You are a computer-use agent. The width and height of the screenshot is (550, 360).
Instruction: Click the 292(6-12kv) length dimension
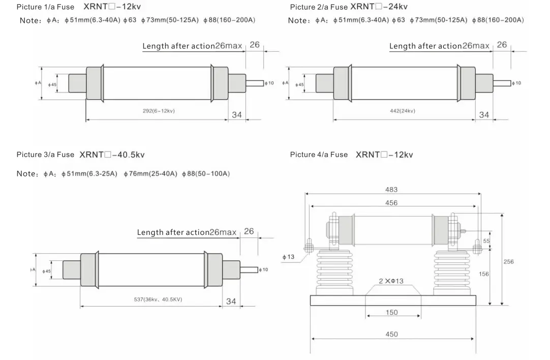click(159, 111)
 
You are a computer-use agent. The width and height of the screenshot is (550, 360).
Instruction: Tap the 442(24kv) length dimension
click(402, 111)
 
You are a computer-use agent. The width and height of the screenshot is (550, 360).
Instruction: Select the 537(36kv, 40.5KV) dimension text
click(158, 299)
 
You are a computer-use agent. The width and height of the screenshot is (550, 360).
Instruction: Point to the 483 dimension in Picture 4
click(391, 190)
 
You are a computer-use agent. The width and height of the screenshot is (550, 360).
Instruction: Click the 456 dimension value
click(391, 203)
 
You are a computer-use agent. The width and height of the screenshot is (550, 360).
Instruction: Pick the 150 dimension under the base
click(391, 312)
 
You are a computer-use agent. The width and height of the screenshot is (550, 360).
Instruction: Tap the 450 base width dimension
click(391, 335)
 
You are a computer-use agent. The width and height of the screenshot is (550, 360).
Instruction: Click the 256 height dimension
click(508, 262)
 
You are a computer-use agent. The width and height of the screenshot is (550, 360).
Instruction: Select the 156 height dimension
click(484, 274)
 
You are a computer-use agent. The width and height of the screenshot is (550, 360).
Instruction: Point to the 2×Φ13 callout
click(391, 281)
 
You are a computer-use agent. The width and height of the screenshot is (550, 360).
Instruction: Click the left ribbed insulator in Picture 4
click(334, 273)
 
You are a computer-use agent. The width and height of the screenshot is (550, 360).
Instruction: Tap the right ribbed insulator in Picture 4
click(452, 273)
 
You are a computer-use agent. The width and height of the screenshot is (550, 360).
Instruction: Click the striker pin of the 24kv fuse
click(502, 83)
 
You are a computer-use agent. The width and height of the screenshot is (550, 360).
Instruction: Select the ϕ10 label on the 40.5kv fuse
click(263, 269)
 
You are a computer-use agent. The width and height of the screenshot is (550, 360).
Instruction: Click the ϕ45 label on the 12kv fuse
click(52, 84)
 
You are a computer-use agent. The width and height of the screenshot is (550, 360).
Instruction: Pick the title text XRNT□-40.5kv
click(112, 155)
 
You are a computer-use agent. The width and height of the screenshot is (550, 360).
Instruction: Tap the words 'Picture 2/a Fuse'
click(319, 7)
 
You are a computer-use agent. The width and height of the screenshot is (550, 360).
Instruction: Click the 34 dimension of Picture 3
click(231, 302)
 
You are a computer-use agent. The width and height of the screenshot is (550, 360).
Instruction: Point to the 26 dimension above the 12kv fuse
click(255, 45)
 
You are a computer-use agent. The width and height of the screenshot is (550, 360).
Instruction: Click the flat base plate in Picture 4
click(393, 301)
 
